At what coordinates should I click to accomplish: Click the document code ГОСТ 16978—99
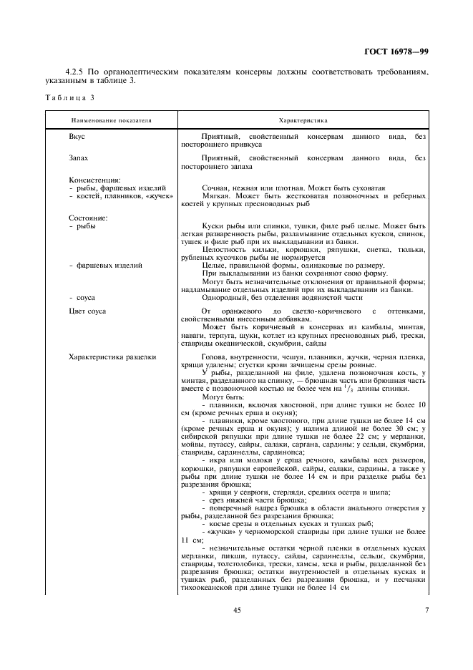[x=396, y=52]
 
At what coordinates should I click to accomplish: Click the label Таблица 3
[x=67, y=97]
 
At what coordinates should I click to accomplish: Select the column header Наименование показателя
[x=111, y=121]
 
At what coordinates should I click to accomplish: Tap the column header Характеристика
[x=303, y=121]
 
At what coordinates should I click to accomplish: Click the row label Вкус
[x=77, y=136]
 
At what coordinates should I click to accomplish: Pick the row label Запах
[x=79, y=158]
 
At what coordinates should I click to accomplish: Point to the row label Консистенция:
[x=94, y=180]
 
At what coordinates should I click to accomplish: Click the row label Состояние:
[x=88, y=217]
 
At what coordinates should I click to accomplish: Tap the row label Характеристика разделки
[x=112, y=356]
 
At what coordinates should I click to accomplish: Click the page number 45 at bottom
[x=237, y=610]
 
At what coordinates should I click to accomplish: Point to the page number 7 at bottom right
[x=426, y=610]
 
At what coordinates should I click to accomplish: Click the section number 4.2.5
[x=75, y=72]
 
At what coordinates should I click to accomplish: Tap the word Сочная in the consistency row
[x=216, y=188]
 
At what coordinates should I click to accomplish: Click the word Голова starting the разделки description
[x=215, y=356]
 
